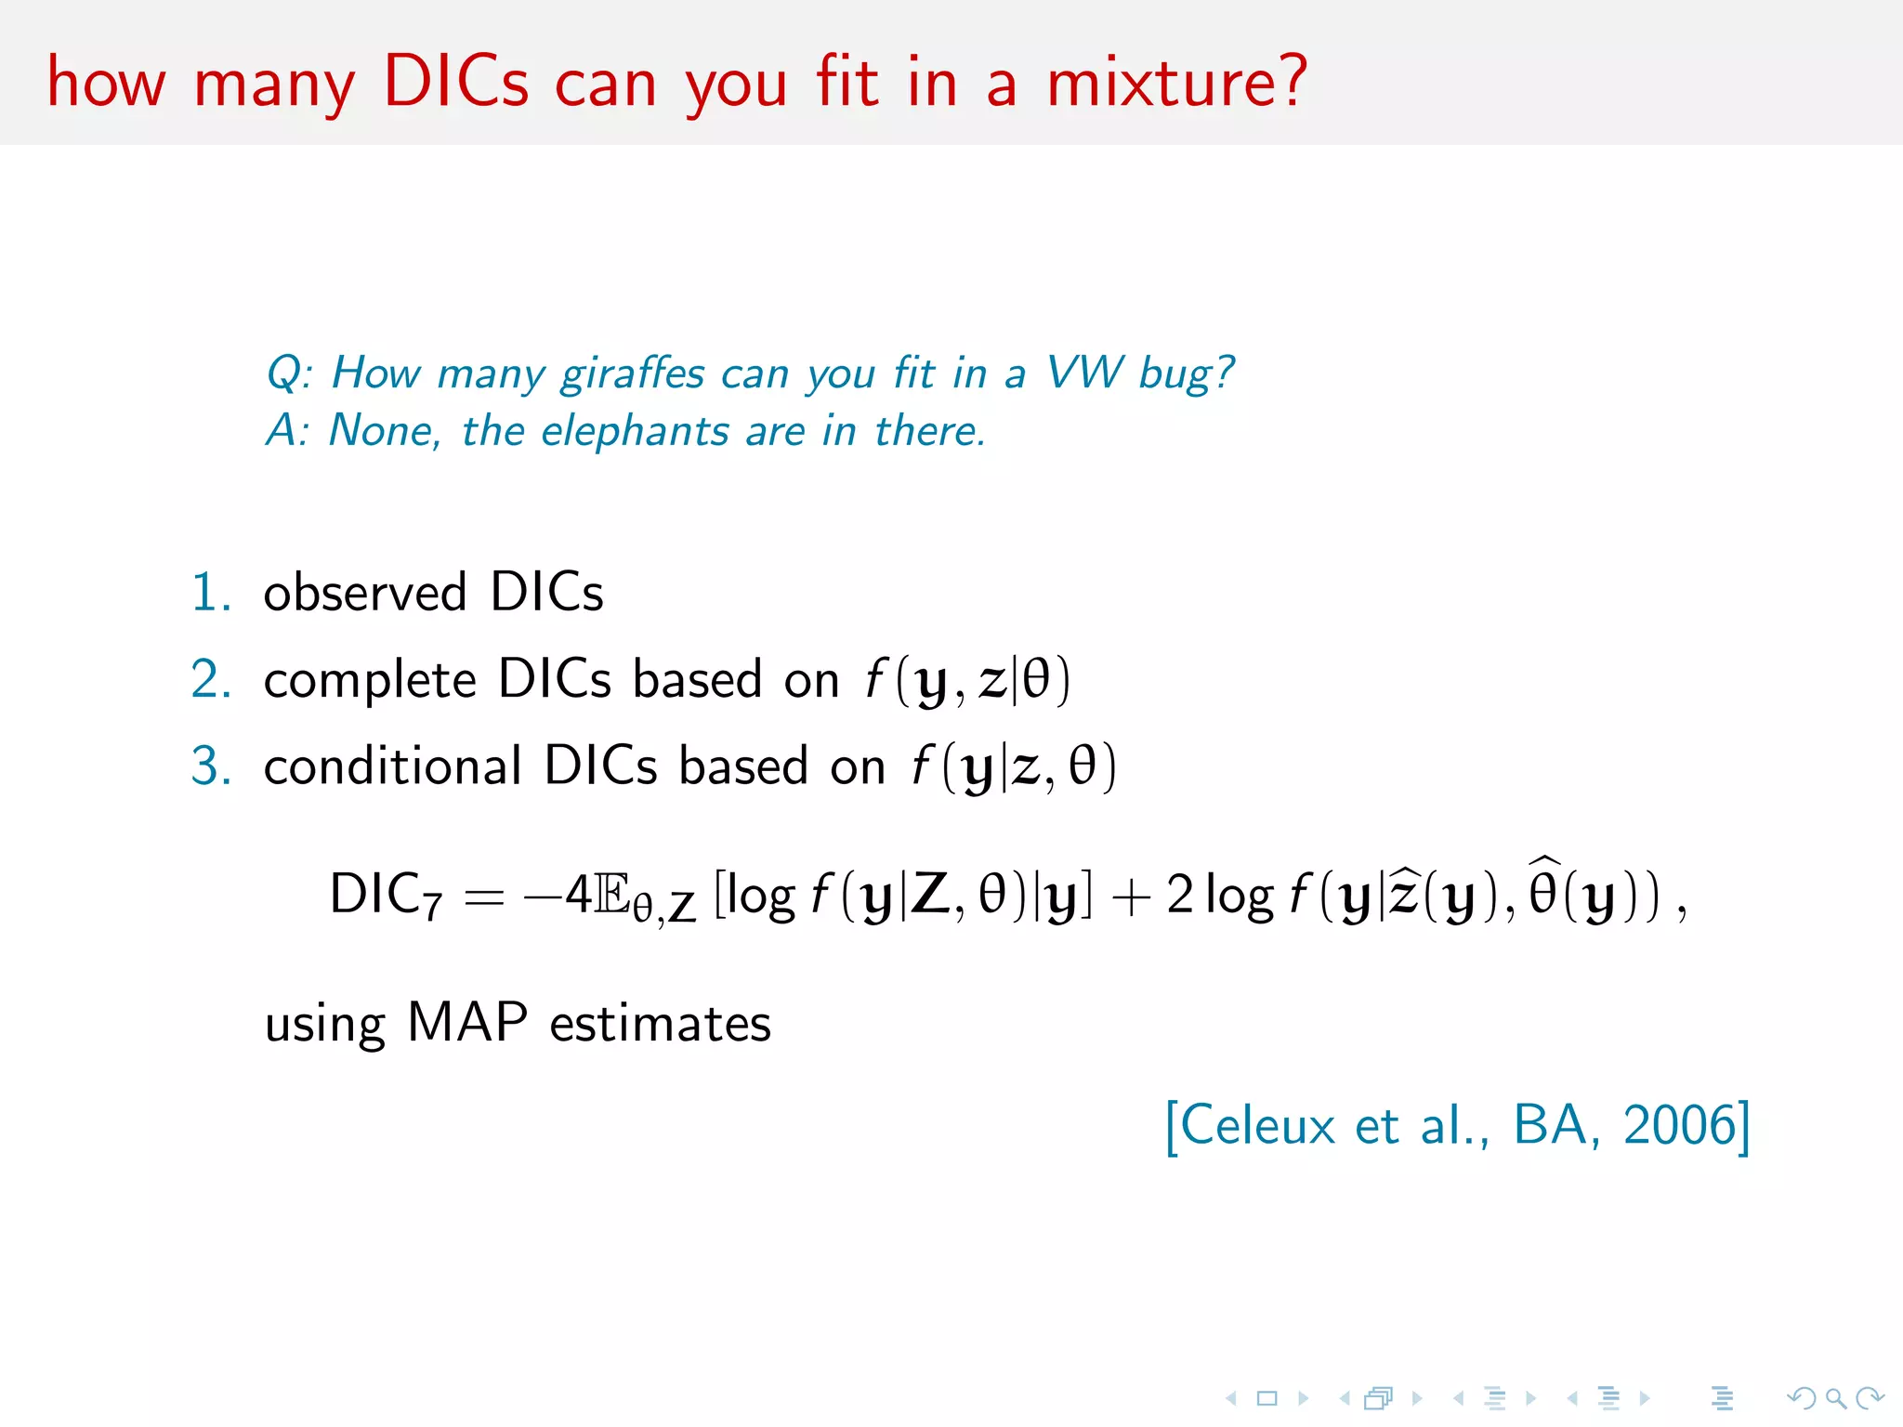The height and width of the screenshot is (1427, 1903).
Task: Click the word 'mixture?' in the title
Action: (x=1176, y=82)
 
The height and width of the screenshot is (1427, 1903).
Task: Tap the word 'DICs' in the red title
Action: (x=455, y=82)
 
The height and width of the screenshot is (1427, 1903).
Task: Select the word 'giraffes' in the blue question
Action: (x=633, y=373)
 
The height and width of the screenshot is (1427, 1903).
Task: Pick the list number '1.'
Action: (x=211, y=593)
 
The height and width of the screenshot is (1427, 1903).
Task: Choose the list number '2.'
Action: (x=211, y=679)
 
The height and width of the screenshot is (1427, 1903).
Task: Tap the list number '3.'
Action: (x=211, y=766)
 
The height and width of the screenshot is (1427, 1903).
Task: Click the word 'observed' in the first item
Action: (x=364, y=593)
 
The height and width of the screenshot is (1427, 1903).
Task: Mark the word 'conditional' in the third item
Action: (x=392, y=766)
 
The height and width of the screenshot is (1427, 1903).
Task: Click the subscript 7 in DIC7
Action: (x=432, y=905)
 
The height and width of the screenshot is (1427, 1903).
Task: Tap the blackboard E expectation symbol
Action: (x=610, y=896)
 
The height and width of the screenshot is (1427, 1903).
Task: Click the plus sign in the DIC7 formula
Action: (x=1130, y=897)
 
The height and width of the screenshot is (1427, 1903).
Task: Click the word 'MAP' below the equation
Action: (x=467, y=1023)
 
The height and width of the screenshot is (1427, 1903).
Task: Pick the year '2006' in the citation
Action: (x=1679, y=1125)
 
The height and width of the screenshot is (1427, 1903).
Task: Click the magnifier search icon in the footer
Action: (x=1835, y=1398)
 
